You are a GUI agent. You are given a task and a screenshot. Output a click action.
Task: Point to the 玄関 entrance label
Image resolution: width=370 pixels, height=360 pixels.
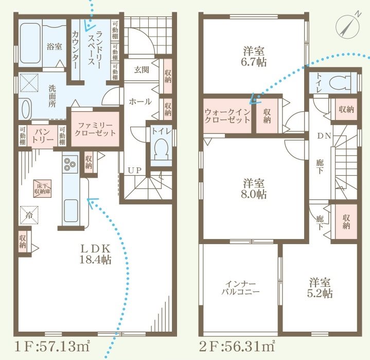pos(142,70)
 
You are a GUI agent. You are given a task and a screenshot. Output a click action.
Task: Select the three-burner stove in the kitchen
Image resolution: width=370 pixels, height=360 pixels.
pos(70,164)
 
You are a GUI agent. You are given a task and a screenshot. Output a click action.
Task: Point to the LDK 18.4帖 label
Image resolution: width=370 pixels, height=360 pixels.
pos(96,253)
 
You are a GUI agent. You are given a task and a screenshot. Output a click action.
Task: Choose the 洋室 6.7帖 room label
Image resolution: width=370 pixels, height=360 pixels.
pos(254,56)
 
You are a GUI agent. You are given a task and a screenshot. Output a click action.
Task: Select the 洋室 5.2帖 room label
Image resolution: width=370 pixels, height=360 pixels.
pos(320,288)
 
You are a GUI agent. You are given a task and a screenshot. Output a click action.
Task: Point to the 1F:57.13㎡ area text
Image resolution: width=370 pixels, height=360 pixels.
pos(50,346)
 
